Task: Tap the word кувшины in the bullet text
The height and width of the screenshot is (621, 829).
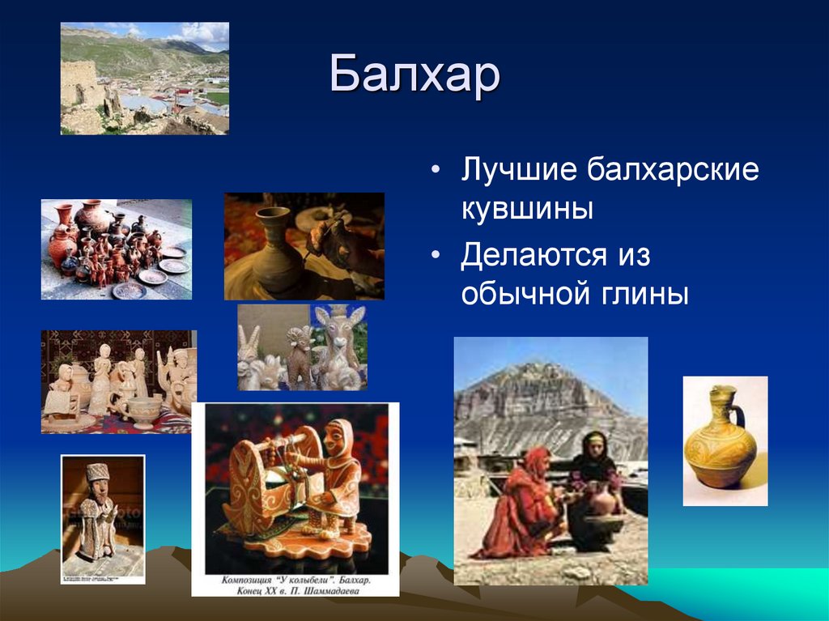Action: [x=527, y=211]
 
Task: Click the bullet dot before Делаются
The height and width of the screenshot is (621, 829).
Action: [x=437, y=257]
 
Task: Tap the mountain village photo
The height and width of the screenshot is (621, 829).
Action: [x=144, y=78]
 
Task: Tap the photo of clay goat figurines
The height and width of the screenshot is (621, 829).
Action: [x=301, y=347]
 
